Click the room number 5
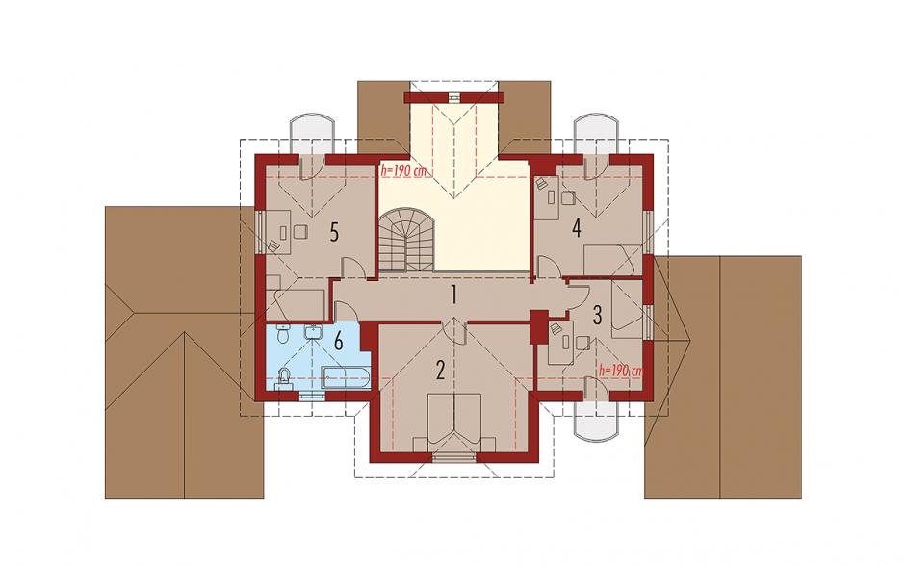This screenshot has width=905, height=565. point(334,232)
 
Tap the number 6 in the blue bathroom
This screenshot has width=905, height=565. point(338,341)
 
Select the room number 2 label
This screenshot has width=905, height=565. point(440,370)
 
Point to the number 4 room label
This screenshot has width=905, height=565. point(576,228)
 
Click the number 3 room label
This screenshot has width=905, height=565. point(597,315)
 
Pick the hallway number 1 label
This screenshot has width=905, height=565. point(454,295)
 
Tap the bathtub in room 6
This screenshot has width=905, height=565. point(345,377)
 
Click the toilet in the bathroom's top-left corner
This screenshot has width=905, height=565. point(282,334)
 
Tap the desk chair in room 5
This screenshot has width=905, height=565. point(300,232)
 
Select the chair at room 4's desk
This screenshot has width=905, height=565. point(568,198)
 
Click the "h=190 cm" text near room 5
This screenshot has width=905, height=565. point(403,170)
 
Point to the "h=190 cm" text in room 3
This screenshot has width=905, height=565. point(621,371)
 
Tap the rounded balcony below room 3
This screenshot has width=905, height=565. point(597,421)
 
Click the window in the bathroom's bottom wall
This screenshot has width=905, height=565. point(311,396)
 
